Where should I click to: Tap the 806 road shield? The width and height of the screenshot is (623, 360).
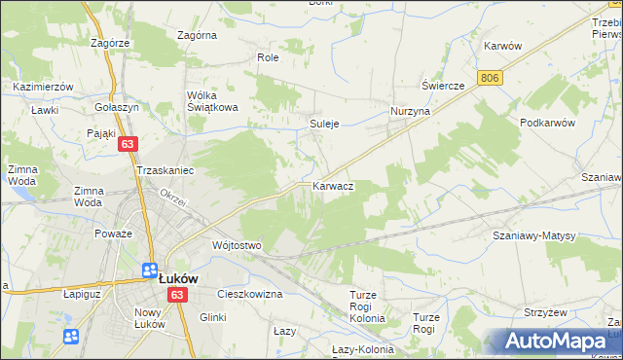tap(491, 77)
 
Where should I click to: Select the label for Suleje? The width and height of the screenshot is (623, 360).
tap(324, 125)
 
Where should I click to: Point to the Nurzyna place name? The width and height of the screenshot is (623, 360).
tap(410, 112)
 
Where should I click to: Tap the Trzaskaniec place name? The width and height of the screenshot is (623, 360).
tap(166, 170)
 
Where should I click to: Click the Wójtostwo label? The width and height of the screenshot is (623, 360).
tap(237, 246)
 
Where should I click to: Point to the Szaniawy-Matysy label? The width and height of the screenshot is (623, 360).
tap(534, 236)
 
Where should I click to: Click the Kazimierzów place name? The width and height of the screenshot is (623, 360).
tap(44, 87)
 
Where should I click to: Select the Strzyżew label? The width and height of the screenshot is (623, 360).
tap(571, 312)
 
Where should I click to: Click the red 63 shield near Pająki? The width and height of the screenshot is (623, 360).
tap(128, 143)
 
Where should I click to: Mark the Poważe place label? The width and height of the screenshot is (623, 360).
tap(113, 234)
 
